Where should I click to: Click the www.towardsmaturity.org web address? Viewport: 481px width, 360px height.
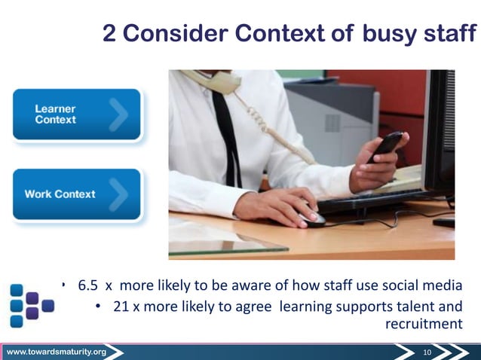(57, 352)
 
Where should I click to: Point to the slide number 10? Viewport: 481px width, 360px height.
(427, 352)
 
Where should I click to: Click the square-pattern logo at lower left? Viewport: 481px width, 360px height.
(30, 305)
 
